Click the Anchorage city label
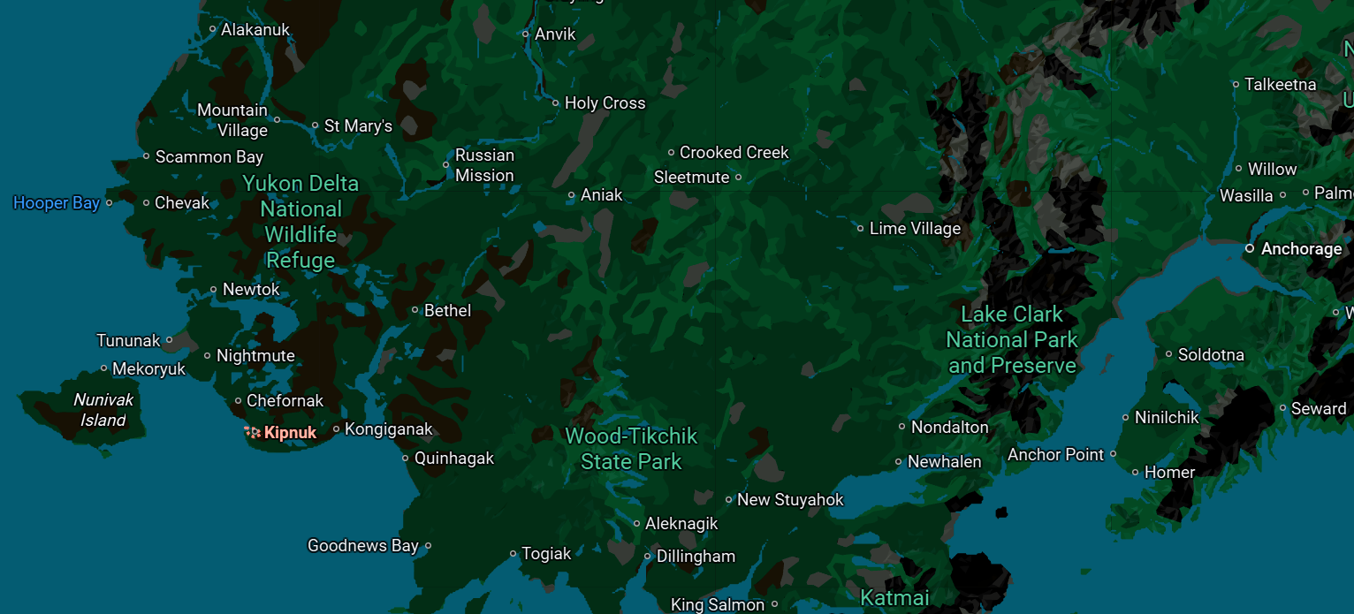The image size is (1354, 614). tap(1301, 249)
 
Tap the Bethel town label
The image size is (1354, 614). tap(447, 310)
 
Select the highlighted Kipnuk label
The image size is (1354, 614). tap(290, 433)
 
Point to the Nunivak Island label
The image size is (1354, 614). tap(103, 410)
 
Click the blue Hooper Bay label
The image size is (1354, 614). tap(56, 203)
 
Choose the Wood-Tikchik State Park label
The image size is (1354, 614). tap(631, 448)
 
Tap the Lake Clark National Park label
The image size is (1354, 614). tap(1012, 339)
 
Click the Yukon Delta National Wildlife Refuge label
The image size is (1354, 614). tap(300, 222)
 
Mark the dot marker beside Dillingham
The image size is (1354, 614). tap(648, 557)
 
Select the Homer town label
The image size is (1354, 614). tap(1169, 473)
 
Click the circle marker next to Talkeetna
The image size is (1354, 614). tap(1236, 85)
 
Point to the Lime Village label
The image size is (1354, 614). tap(915, 229)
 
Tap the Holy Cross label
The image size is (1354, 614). tap(605, 103)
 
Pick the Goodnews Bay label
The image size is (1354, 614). tap(362, 546)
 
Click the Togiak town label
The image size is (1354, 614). tap(546, 554)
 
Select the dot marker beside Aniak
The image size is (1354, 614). tap(571, 195)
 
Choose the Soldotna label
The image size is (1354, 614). tap(1211, 355)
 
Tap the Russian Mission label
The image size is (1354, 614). tap(484, 165)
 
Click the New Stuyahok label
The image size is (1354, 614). tap(790, 500)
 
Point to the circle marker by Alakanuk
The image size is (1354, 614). tap(212, 29)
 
